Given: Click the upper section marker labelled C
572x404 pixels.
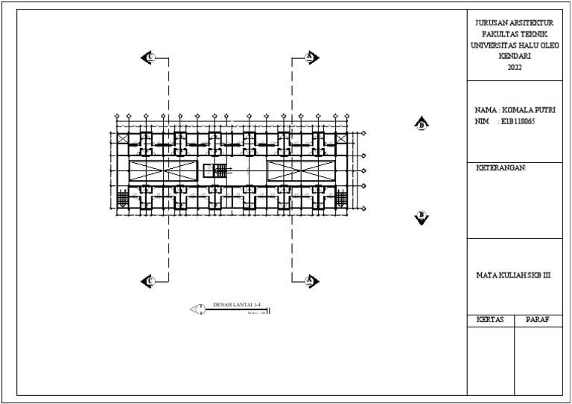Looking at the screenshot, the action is [148, 57].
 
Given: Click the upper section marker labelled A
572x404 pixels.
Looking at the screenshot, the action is [311, 57].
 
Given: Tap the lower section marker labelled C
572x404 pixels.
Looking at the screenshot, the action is [148, 280].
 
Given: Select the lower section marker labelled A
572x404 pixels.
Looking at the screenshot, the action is [311, 280].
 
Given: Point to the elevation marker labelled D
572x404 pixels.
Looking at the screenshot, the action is [422, 125].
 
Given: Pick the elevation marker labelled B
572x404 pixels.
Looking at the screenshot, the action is [422, 217].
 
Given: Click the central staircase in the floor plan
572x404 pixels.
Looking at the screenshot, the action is [219, 171].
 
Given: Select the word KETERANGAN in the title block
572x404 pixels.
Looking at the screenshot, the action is [500, 168].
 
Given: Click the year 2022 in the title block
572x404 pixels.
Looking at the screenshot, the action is [515, 68].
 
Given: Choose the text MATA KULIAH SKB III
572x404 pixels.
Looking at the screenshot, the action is [512, 275].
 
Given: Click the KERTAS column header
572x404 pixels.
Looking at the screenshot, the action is [490, 320].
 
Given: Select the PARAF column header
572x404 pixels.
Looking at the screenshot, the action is [538, 320].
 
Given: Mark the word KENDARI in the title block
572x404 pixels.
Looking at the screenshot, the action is [515, 56].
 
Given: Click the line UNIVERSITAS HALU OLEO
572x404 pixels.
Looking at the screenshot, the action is [515, 45].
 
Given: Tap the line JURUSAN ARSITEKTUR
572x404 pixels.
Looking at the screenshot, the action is [515, 24].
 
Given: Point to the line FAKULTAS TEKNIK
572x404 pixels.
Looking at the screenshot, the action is [515, 34].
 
